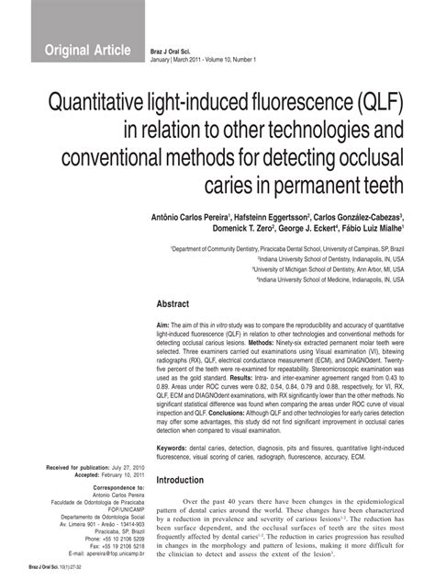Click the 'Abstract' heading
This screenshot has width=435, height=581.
(173, 303)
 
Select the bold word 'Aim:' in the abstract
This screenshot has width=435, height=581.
(164, 325)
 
